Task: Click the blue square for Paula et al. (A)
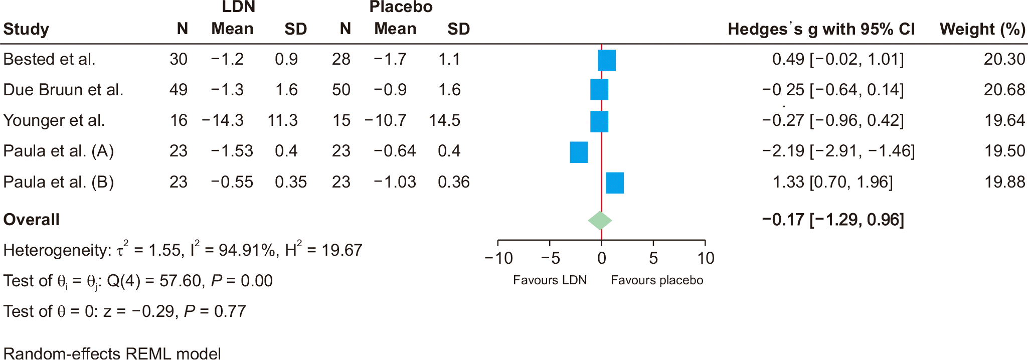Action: [x=578, y=152]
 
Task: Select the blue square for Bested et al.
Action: [x=606, y=60]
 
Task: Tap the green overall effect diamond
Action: [x=600, y=220]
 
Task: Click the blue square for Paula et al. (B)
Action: [x=615, y=183]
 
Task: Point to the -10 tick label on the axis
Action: [x=498, y=258]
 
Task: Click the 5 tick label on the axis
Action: [x=653, y=258]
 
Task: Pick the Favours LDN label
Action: [x=550, y=280]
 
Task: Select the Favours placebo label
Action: [x=656, y=280]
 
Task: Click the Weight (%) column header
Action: [x=982, y=29]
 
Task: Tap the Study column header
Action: [x=26, y=29]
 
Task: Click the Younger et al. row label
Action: [x=54, y=120]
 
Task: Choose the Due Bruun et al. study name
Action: [x=63, y=90]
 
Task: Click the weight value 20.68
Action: [x=1004, y=90]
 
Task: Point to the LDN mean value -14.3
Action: [x=223, y=120]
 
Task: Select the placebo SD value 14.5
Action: [x=444, y=120]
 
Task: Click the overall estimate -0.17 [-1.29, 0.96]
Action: [x=832, y=220]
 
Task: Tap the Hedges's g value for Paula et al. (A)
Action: [x=838, y=151]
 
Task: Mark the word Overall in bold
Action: [x=31, y=220]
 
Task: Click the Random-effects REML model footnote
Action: [x=112, y=353]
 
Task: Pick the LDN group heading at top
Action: [x=239, y=7]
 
